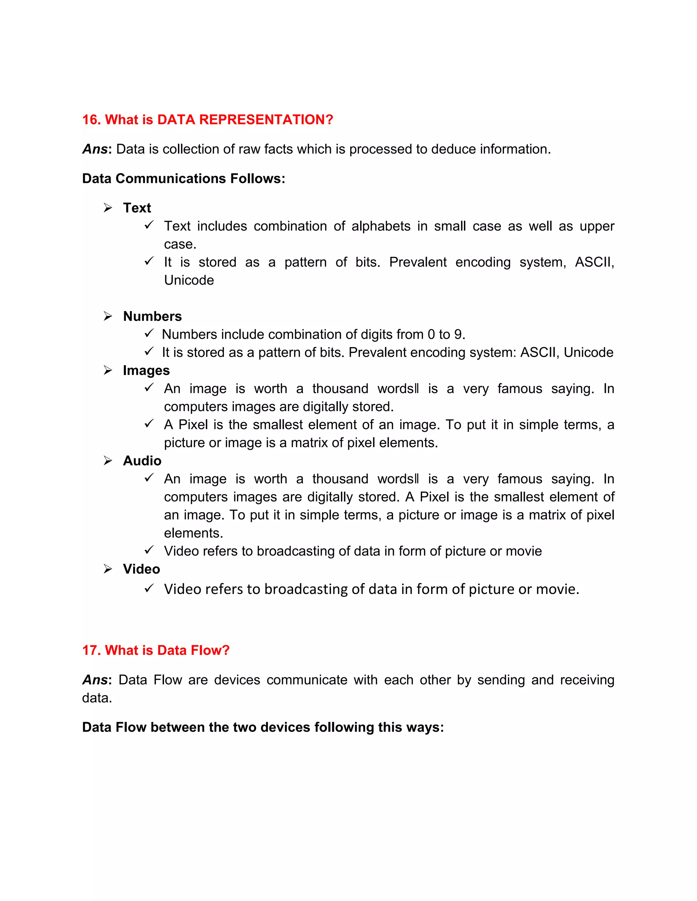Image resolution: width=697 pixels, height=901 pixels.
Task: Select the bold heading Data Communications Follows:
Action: point(183,178)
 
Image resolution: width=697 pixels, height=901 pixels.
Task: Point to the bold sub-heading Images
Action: point(146,371)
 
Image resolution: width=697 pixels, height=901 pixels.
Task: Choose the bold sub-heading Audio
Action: point(142,461)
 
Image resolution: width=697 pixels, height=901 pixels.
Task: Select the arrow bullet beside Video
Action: point(108,569)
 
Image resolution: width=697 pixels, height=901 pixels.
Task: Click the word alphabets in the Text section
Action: point(381,226)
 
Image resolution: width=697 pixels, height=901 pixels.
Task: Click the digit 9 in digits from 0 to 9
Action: point(458,335)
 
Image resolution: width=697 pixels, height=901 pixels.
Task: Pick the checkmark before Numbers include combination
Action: point(149,333)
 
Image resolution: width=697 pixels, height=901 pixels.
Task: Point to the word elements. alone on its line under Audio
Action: point(193,533)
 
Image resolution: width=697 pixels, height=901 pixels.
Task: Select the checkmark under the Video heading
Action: point(149,588)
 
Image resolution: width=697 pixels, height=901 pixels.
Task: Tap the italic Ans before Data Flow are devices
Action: point(95,680)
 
